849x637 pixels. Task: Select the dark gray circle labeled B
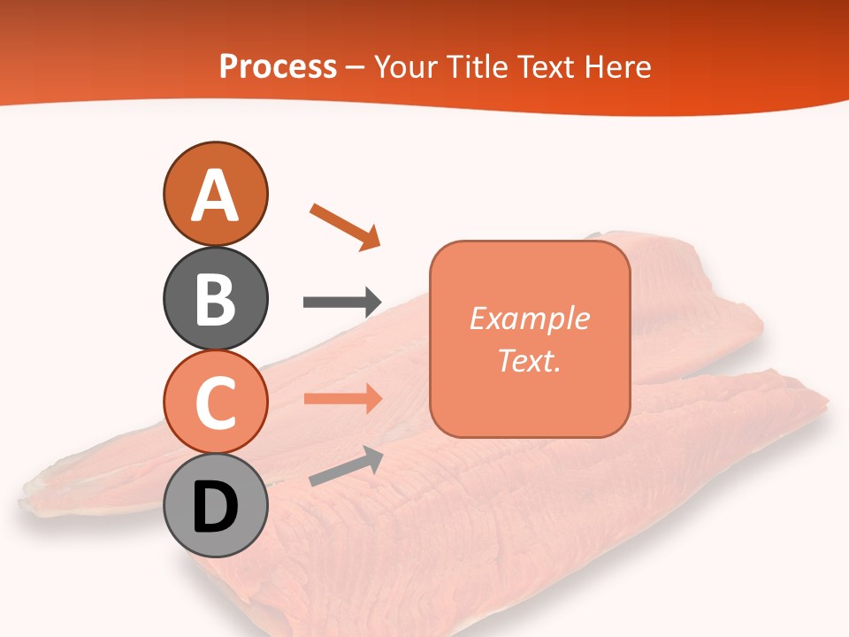[215, 298]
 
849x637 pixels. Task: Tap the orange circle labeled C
[215, 402]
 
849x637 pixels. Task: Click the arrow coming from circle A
[344, 226]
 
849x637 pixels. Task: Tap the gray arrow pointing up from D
[346, 466]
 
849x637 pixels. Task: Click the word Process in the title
[278, 67]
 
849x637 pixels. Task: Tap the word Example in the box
[529, 318]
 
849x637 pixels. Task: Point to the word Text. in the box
[529, 360]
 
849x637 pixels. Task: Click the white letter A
[215, 196]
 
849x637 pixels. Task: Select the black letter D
[215, 508]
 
